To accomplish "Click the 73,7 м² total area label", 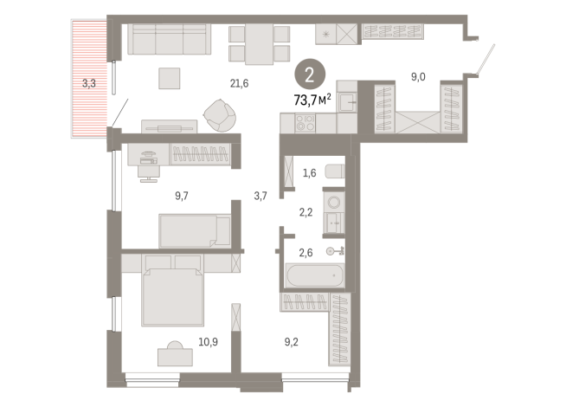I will [312, 99].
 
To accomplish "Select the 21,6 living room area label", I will [239, 83].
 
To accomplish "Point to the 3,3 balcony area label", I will [88, 84].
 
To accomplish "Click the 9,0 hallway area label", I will [418, 77].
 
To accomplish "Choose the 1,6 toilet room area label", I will [310, 172].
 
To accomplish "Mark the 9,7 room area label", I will [181, 196].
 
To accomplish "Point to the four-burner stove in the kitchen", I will [306, 123].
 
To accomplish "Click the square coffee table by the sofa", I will [170, 79].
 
